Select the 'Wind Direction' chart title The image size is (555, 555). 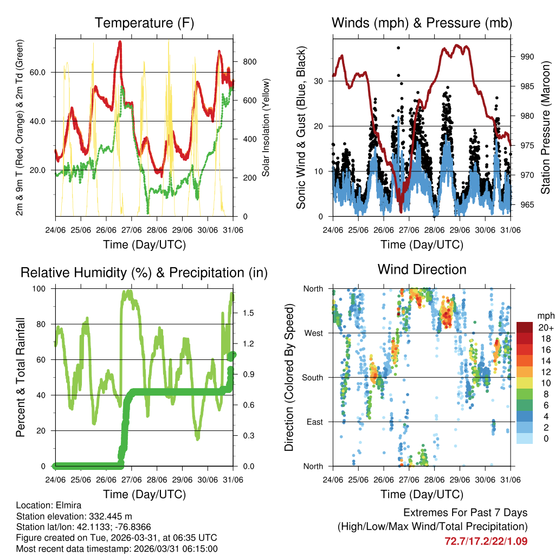[422, 269]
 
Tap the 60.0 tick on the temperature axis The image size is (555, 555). [43, 72]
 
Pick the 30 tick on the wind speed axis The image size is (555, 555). [320, 81]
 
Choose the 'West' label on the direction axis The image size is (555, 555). [313, 333]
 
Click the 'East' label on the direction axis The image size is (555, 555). [314, 422]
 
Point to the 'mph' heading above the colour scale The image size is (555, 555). [544, 315]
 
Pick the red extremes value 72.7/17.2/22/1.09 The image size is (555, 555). [486, 541]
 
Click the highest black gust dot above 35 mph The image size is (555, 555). [398, 48]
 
